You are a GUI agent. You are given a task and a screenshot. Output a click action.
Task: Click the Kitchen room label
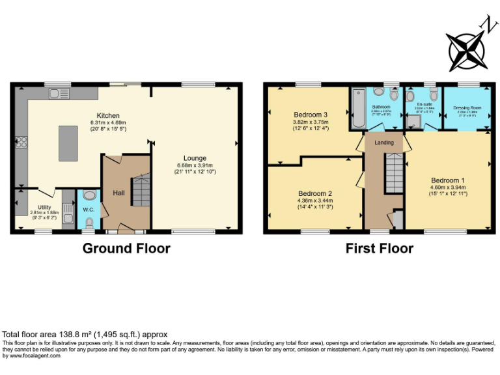click(x=104, y=115)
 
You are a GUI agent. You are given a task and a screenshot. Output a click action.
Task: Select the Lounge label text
click(x=195, y=158)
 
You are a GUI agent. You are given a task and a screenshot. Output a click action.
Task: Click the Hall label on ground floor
click(x=118, y=193)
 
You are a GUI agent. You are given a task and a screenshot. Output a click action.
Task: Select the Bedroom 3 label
click(x=310, y=115)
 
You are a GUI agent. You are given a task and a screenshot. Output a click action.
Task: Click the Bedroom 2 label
click(x=316, y=193)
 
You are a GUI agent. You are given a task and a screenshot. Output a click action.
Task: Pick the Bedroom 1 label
click(x=448, y=180)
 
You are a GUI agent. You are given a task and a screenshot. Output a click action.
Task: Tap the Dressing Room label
click(x=467, y=107)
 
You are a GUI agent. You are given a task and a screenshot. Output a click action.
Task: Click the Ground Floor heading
click(x=126, y=248)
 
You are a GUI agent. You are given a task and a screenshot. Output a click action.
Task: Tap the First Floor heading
click(x=379, y=248)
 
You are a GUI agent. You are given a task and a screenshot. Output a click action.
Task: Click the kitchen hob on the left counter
click(x=21, y=141)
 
